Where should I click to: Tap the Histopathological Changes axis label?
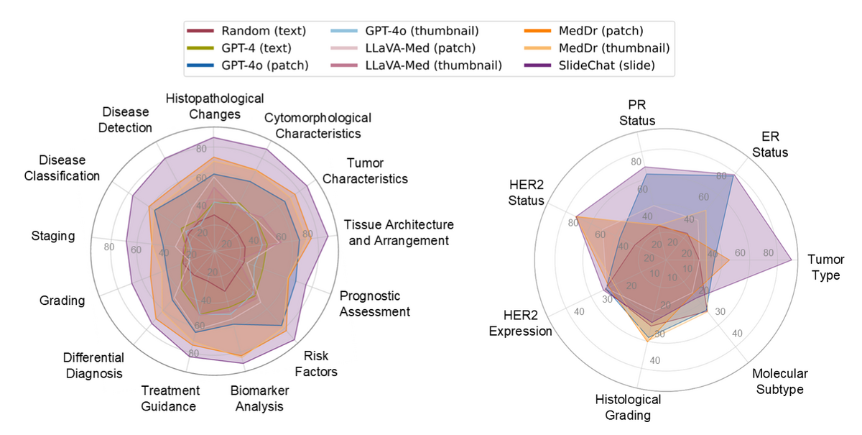(215, 106)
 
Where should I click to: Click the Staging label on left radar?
(53, 236)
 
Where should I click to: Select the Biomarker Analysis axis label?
(256, 399)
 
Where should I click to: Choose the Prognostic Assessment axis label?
(374, 303)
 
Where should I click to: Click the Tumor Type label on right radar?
(825, 267)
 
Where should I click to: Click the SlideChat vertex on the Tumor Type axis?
(792, 260)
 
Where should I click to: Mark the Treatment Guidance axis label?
(170, 398)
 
